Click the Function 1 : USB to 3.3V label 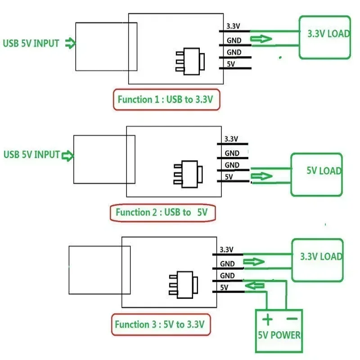pyautogui.click(x=165, y=99)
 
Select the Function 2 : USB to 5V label pyautogui.click(x=162, y=212)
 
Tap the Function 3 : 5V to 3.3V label pyautogui.click(x=160, y=324)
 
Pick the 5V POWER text pyautogui.click(x=279, y=335)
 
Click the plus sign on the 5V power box pyautogui.click(x=267, y=319)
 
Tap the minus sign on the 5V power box pyautogui.click(x=292, y=319)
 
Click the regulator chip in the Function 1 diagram pyautogui.click(x=190, y=61)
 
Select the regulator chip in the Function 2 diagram pyautogui.click(x=188, y=174)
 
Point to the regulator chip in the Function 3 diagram pyautogui.click(x=184, y=285)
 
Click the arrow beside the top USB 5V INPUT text pyautogui.click(x=70, y=43)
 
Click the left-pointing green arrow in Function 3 pyautogui.click(x=255, y=286)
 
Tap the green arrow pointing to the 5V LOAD pyautogui.click(x=261, y=176)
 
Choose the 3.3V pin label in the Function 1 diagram pyautogui.click(x=233, y=26)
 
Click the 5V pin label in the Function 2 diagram pyautogui.click(x=229, y=177)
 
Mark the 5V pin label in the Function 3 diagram pyautogui.click(x=224, y=288)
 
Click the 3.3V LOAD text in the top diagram pyautogui.click(x=328, y=34)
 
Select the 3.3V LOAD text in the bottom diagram pyautogui.click(x=321, y=256)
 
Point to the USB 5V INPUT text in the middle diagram pyautogui.click(x=31, y=154)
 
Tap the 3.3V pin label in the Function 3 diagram pyautogui.click(x=226, y=250)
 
